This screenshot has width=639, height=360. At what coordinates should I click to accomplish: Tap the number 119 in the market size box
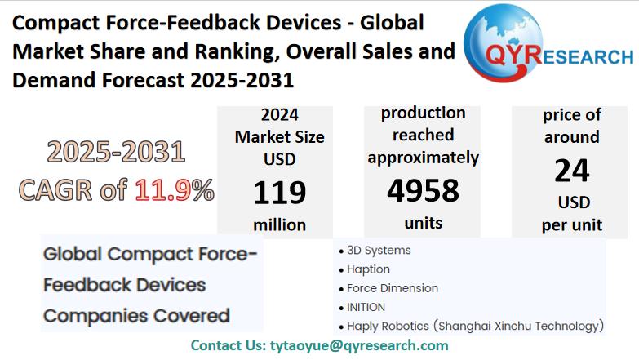point(279,193)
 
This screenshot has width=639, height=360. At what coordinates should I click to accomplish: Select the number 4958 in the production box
point(423,189)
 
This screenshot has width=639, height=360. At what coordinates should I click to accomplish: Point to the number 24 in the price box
point(571,171)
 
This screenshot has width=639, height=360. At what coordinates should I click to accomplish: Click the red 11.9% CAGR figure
point(174,190)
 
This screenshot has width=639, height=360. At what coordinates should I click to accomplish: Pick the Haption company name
point(368,269)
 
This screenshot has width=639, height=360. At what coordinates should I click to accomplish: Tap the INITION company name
point(366,307)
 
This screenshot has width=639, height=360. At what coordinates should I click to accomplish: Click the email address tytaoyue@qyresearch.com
point(358,345)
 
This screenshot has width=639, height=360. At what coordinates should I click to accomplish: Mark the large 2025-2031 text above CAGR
point(116,152)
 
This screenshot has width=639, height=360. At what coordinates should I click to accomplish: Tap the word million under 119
point(279,224)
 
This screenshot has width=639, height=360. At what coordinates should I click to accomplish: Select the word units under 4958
point(423,222)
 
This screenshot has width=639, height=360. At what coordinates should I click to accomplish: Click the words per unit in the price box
point(571,224)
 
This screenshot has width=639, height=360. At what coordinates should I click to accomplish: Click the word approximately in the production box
point(423,157)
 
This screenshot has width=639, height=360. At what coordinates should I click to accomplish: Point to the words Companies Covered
point(135,315)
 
